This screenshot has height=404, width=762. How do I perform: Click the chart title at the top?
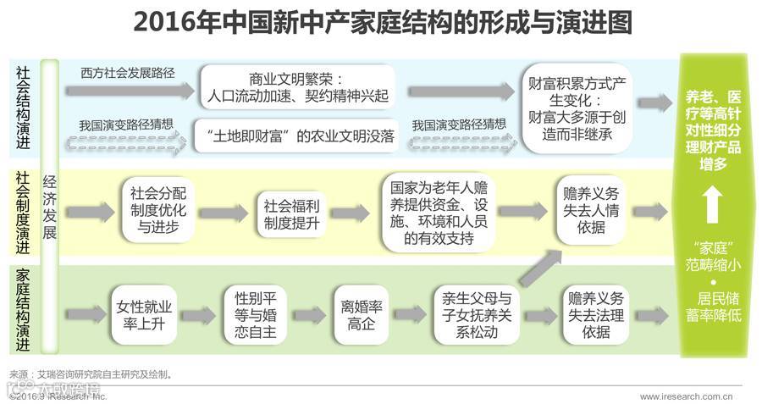(381, 23)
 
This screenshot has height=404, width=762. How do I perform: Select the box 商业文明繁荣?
(297, 87)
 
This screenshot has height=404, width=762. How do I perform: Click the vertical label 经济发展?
(50, 207)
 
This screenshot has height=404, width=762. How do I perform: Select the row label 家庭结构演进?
(23, 311)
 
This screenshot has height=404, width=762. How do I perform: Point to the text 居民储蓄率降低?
(714, 307)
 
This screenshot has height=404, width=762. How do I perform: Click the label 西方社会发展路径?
(128, 73)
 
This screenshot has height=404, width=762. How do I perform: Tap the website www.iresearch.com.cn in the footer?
(686, 396)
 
